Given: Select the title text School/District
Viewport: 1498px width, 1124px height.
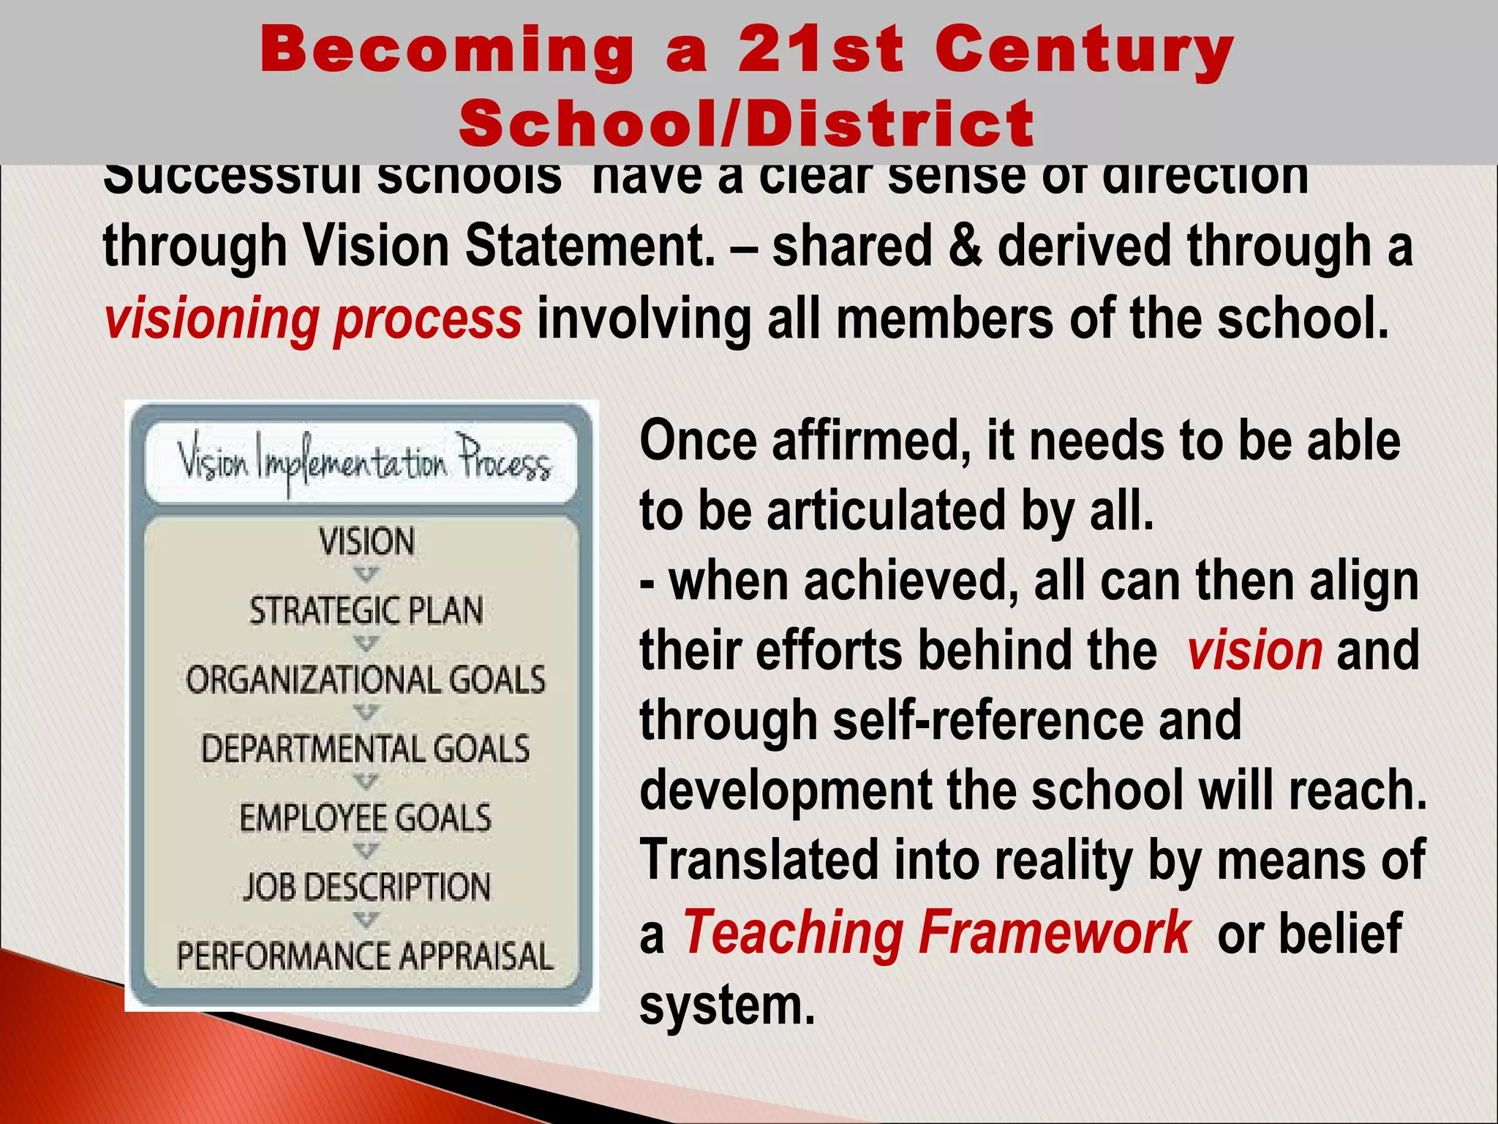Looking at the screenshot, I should click(x=747, y=123).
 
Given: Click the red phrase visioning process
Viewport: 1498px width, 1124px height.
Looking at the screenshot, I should click(x=313, y=319).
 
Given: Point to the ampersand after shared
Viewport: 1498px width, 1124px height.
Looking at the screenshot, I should click(x=965, y=245).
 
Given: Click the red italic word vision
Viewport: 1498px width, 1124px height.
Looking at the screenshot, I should click(x=1254, y=650).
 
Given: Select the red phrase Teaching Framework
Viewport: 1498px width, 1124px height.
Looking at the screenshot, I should click(x=937, y=932).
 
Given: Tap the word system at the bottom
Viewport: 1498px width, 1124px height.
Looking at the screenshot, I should click(x=727, y=1004).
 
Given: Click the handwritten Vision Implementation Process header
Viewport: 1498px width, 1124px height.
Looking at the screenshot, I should click(x=364, y=462).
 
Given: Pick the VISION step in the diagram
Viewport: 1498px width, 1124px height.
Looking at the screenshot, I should click(x=366, y=542).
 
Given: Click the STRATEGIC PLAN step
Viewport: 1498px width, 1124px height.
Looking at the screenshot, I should click(x=366, y=611).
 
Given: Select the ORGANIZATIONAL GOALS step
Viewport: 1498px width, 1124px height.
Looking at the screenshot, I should click(x=366, y=680).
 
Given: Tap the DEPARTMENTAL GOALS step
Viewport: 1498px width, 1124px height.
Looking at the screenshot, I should click(x=366, y=749).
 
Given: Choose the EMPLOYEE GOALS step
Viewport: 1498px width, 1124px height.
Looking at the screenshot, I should click(x=366, y=817).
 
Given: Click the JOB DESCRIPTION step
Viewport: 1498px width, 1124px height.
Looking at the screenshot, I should click(x=366, y=886).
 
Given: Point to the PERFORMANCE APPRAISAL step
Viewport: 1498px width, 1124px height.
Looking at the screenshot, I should click(x=365, y=956).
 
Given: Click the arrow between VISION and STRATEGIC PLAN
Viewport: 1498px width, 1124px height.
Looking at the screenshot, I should click(x=366, y=575).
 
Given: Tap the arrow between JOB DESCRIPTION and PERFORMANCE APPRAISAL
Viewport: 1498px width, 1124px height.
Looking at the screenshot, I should click(x=366, y=920).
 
